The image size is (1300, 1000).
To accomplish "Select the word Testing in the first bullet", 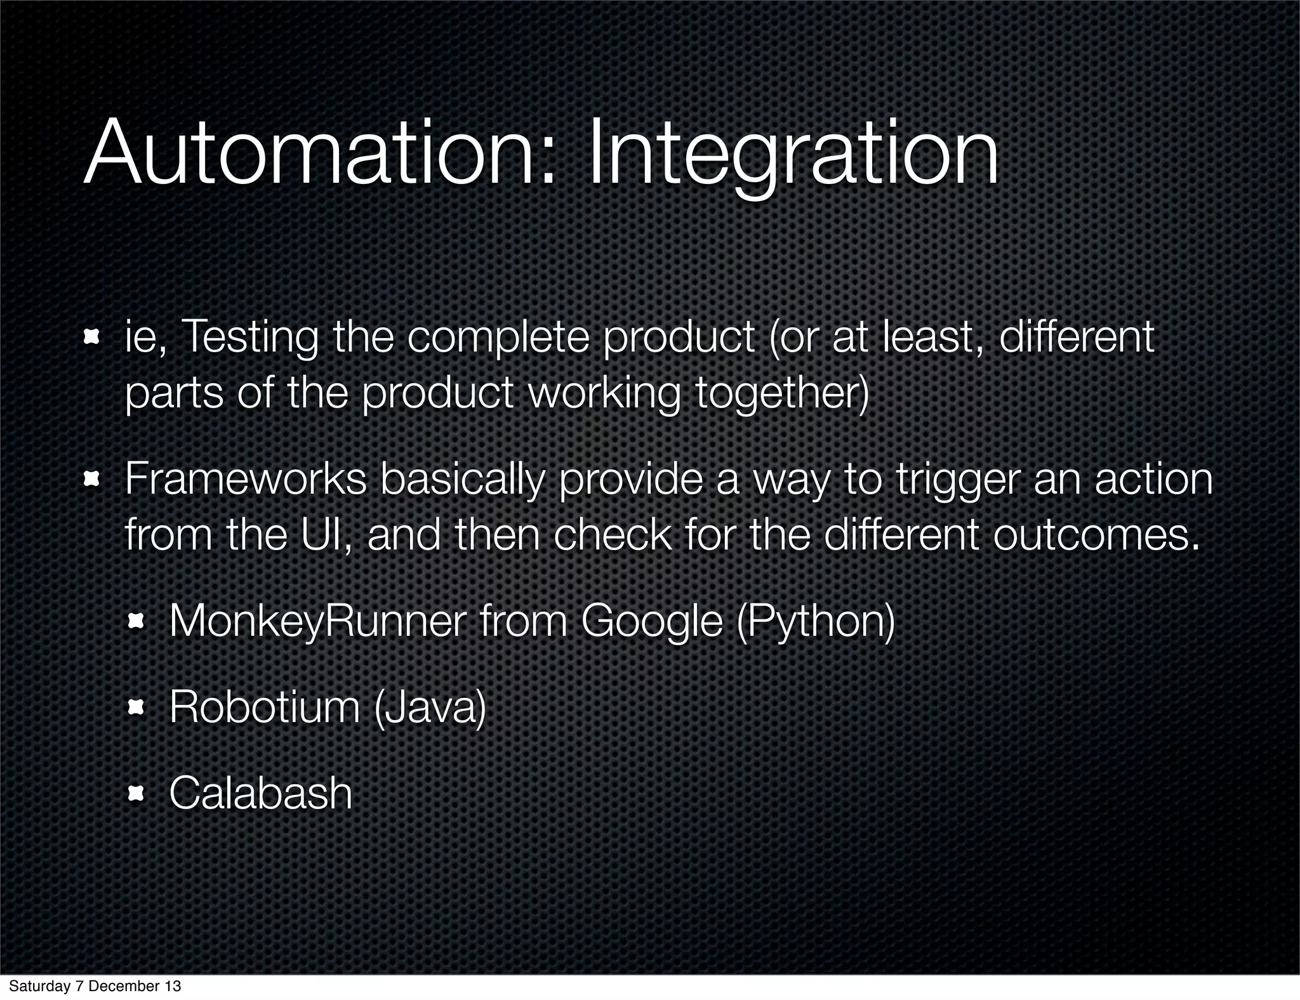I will [x=250, y=339].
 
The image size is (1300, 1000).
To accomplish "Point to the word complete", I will [x=498, y=339].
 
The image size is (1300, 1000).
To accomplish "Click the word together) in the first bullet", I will [x=781, y=394].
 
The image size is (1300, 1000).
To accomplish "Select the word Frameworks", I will [x=246, y=479].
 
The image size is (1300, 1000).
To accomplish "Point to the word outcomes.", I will [x=1096, y=534].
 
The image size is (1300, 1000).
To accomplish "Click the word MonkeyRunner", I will [x=317, y=622].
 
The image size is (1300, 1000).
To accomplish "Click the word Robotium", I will [x=265, y=707].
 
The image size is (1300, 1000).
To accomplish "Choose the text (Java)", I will [x=430, y=708].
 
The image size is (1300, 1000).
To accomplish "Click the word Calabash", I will [x=260, y=793].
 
